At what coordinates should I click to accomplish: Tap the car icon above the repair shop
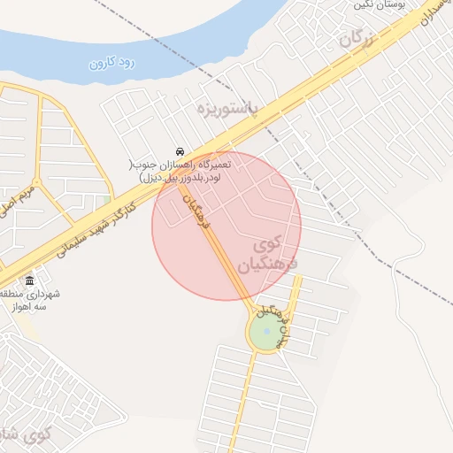(x=180, y=150)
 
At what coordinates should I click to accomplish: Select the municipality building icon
(x=29, y=280)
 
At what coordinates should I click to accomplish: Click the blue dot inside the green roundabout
(x=266, y=332)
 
